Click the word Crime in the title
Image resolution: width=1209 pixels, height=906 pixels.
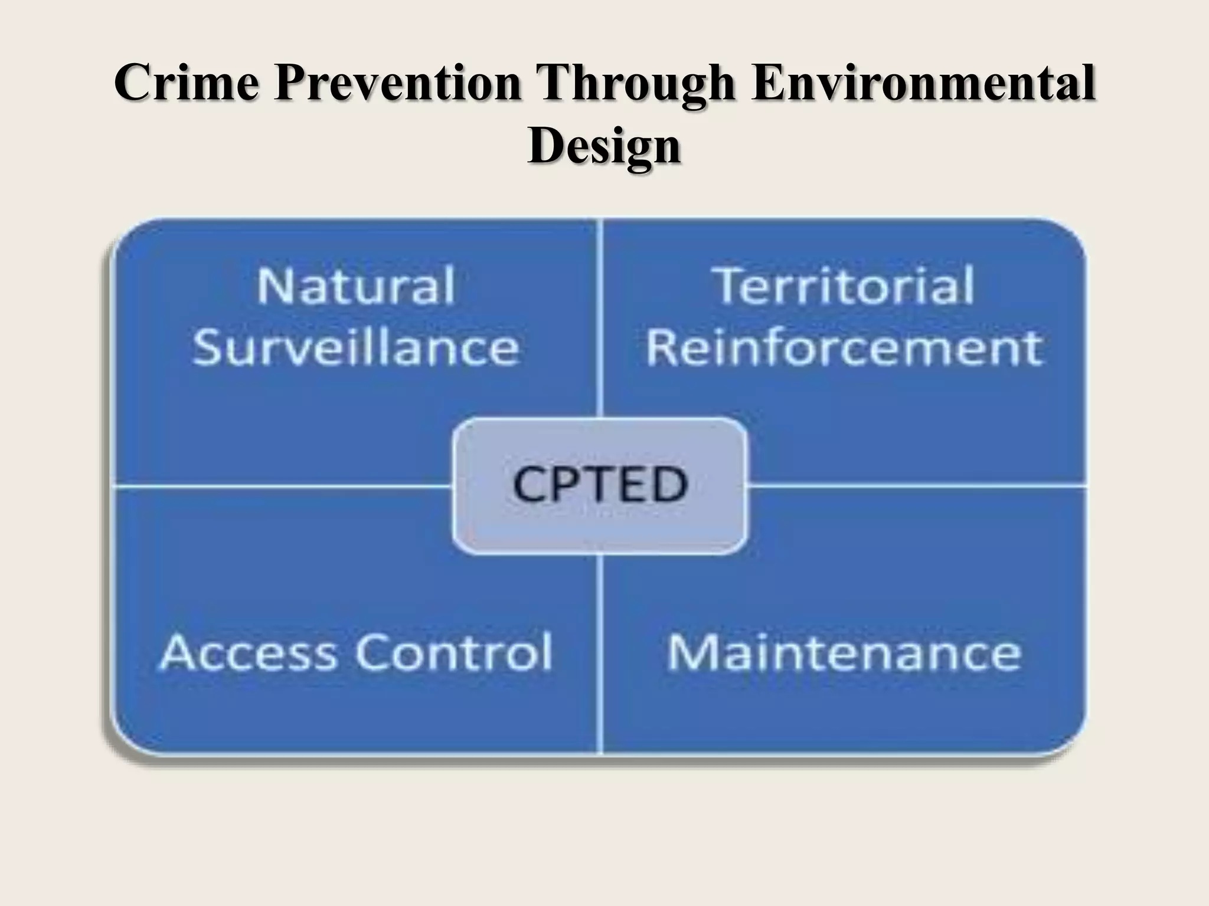coord(187,83)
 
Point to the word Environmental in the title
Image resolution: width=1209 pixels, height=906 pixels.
coord(924,83)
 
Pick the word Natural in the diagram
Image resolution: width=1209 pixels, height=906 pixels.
coord(356,286)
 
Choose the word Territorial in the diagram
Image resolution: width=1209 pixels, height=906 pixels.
coord(844,286)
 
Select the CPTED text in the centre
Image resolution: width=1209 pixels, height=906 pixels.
coord(600,484)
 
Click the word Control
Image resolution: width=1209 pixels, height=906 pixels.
coord(455,652)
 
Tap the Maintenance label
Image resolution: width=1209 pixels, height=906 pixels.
coord(844,652)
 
